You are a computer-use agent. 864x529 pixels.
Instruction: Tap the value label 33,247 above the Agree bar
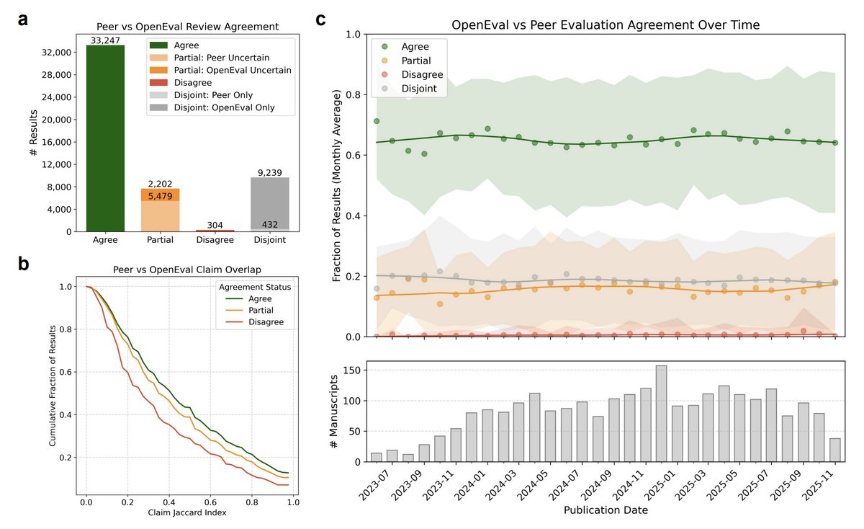coord(105,40)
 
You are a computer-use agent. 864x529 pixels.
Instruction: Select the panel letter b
coord(24,264)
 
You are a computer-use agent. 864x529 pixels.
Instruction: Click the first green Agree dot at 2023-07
coord(377,121)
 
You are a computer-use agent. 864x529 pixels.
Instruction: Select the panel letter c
coord(322,19)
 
